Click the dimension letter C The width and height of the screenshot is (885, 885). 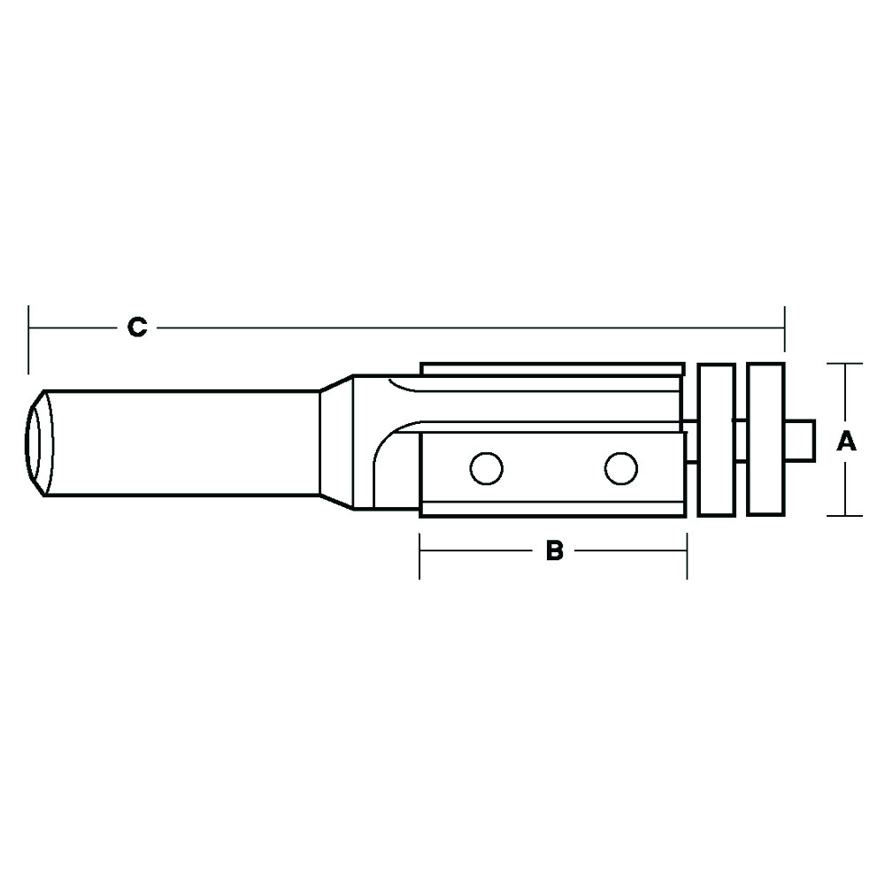tap(137, 327)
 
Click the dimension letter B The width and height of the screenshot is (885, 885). tap(555, 550)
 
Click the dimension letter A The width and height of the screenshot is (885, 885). tap(846, 441)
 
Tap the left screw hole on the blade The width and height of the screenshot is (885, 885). tap(486, 468)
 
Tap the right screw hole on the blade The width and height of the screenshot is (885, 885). tap(621, 468)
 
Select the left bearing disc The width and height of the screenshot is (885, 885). tap(716, 440)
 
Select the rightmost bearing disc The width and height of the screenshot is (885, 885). tap(766, 440)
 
